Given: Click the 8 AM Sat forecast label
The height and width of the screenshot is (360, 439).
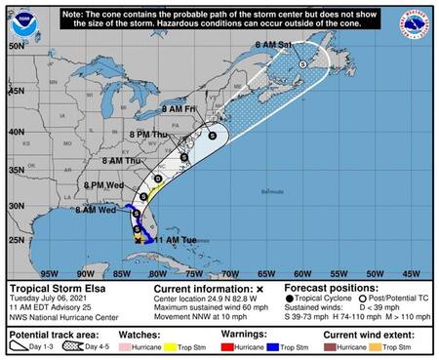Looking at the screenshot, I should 274,45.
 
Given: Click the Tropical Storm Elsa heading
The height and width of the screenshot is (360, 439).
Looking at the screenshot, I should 55,290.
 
